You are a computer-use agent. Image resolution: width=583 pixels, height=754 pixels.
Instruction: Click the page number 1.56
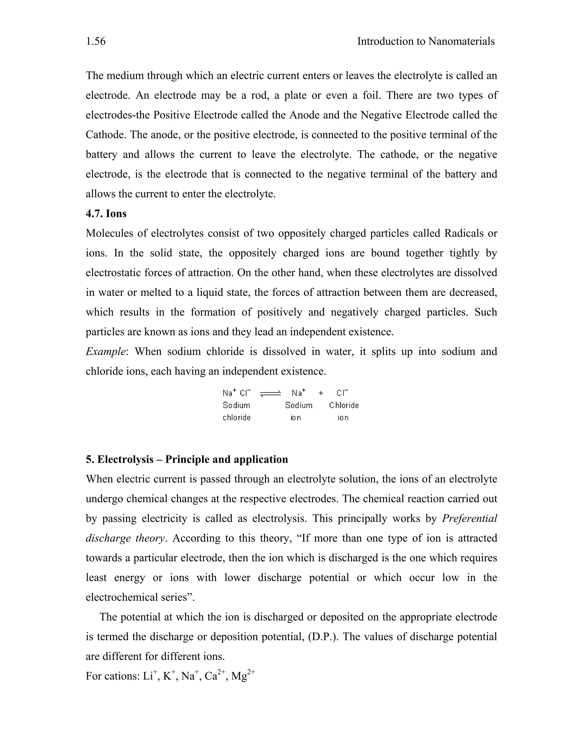click(x=96, y=42)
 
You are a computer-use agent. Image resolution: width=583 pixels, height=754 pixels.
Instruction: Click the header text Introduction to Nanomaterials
click(x=426, y=42)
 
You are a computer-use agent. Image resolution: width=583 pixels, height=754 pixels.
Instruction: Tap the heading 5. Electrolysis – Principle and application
click(x=186, y=460)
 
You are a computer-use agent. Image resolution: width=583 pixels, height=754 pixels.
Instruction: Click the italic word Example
click(x=105, y=351)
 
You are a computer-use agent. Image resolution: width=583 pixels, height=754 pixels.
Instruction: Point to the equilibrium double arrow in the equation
click(x=270, y=394)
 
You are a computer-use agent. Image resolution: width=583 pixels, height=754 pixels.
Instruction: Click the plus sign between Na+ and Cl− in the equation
click(x=321, y=393)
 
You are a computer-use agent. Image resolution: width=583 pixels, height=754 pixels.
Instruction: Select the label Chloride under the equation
click(x=344, y=405)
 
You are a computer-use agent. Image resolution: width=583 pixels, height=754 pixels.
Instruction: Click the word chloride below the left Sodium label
click(x=236, y=418)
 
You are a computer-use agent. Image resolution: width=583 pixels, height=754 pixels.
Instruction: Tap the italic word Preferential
click(x=469, y=518)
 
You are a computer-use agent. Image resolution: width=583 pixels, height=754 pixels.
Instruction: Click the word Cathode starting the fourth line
click(x=106, y=135)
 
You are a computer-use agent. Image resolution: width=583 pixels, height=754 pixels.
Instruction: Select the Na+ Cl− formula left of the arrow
click(x=237, y=393)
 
